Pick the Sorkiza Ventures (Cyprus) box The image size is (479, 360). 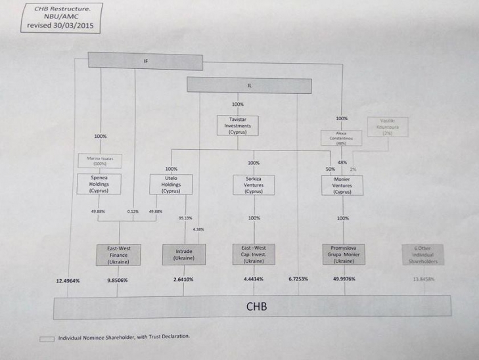pos(253,185)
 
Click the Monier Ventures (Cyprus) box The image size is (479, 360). pos(342,185)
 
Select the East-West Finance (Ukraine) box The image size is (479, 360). pos(118,254)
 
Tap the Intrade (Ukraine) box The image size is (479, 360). pos(184,254)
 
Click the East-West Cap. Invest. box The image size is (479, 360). pos(253,254)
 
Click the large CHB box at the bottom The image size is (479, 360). pos(256,306)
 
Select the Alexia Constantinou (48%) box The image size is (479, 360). pos(341,138)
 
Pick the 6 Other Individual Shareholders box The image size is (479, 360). pos(421,254)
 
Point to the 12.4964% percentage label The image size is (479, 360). pos(68,281)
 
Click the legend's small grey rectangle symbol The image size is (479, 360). pos(47,338)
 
